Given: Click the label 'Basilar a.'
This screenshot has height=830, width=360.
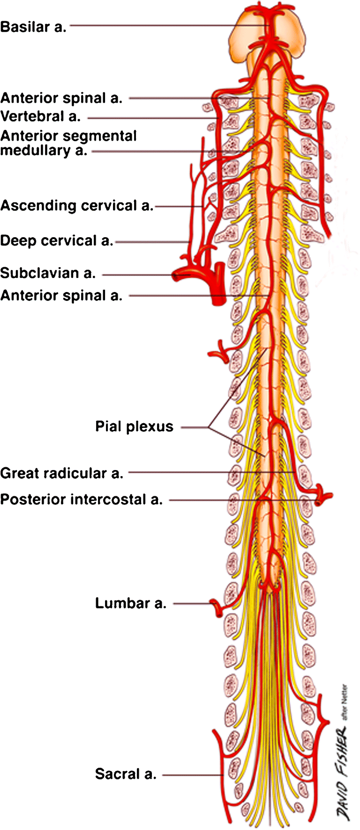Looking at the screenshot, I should [33, 27].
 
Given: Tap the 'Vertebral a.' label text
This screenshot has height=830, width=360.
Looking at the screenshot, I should [40, 116].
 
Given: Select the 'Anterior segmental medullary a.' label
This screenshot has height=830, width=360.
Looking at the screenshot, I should [68, 143].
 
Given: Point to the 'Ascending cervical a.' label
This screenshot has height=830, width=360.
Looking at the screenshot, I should [77, 206].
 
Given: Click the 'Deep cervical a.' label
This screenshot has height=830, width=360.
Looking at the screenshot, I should [57, 241].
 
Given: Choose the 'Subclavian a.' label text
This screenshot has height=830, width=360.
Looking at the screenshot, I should [48, 273].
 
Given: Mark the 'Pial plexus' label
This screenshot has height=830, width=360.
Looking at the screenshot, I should [134, 426].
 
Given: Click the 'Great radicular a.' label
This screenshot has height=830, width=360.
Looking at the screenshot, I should [61, 473].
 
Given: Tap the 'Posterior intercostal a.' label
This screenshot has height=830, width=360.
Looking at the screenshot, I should [82, 500].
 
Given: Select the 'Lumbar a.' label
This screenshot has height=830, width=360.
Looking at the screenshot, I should [131, 603].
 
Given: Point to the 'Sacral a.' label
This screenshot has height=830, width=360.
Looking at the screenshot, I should [126, 774].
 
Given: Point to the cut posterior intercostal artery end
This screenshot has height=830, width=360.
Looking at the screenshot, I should [323, 498].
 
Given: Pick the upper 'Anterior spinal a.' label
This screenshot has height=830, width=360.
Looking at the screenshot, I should [61, 98].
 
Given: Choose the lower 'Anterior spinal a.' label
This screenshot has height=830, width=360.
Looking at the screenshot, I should [61, 296].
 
